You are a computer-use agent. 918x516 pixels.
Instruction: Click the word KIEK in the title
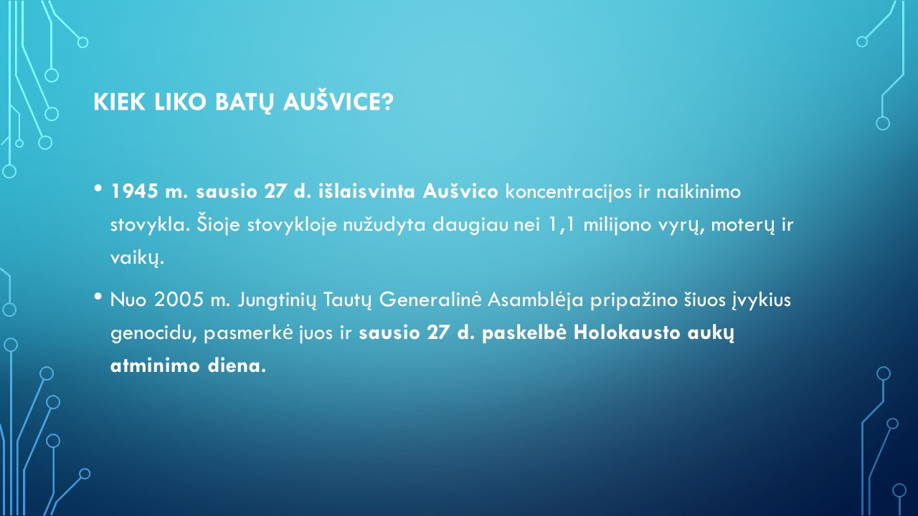(x=119, y=102)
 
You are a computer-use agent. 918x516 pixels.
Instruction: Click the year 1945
(x=134, y=191)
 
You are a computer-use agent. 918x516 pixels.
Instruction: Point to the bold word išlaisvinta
(x=366, y=191)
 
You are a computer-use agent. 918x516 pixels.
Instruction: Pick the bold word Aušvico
(x=460, y=191)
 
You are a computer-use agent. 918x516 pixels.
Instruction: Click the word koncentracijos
(x=569, y=192)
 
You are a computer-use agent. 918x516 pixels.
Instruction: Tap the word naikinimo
(x=699, y=191)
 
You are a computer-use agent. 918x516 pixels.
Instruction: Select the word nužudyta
(x=384, y=225)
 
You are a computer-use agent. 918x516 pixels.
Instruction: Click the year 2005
(x=179, y=300)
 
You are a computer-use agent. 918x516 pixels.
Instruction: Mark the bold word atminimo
(x=155, y=365)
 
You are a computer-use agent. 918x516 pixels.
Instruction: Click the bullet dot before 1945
(x=98, y=188)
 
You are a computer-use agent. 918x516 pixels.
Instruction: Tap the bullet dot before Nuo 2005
(x=98, y=297)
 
